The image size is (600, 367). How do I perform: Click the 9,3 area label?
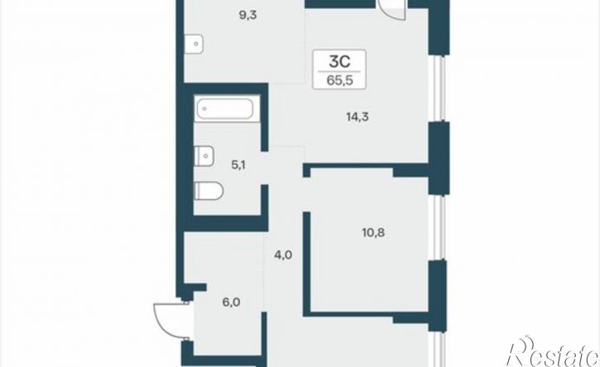click(247, 16)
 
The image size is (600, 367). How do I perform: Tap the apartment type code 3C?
click(339, 61)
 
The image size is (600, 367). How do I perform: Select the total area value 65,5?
click(339, 81)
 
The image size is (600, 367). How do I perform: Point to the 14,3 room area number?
click(358, 117)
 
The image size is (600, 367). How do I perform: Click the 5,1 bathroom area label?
click(238, 165)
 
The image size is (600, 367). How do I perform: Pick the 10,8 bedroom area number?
click(373, 232)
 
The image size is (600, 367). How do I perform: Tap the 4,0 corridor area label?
click(283, 255)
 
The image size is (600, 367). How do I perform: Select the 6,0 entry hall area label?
click(231, 303)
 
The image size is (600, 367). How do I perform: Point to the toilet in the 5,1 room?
click(209, 191)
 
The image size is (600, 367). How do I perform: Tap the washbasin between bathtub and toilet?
click(204, 156)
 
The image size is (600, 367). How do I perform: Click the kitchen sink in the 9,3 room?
click(194, 44)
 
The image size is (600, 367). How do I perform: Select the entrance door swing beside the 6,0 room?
click(171, 321)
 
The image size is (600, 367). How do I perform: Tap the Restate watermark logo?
click(552, 352)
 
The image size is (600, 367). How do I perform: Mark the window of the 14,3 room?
click(441, 88)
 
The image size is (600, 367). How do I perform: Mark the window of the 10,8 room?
click(441, 228)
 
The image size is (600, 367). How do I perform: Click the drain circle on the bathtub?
click(204, 109)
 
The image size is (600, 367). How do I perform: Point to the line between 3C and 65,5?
click(339, 71)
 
